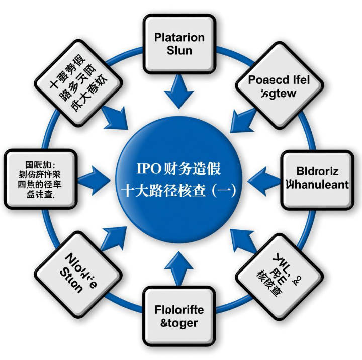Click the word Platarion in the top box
pos(179,38)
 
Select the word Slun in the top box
pos(179,51)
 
